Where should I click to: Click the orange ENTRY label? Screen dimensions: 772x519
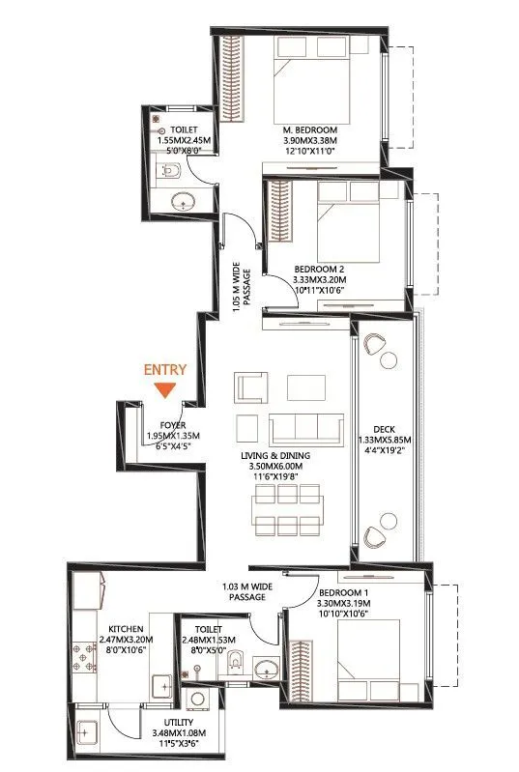click(165, 369)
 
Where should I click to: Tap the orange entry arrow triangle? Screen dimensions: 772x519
click(165, 389)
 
